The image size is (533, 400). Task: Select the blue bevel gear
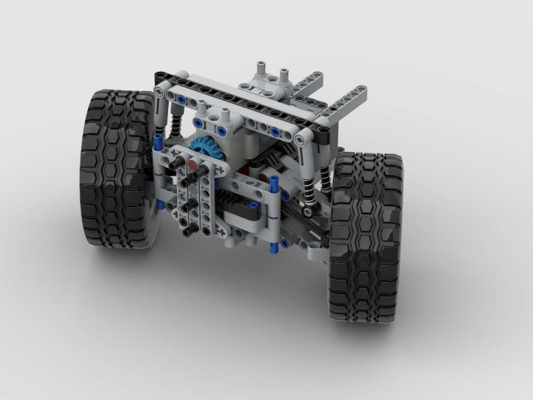coord(195,151)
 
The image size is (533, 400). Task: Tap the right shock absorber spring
coord(326,178)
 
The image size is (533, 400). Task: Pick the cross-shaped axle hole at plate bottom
coord(220,231)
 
